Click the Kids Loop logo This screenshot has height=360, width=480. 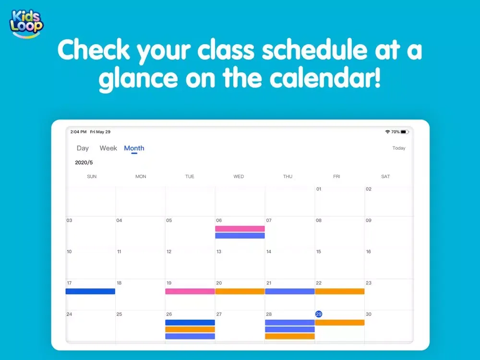[26, 24]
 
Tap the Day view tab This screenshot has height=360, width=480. [83, 148]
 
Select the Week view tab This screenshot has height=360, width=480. [108, 148]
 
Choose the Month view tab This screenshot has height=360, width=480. [134, 148]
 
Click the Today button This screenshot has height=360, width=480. [399, 148]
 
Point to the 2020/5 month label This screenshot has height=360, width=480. [84, 163]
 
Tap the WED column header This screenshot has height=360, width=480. [239, 177]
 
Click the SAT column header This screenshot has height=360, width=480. [385, 177]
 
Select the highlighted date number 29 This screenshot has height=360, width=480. [319, 314]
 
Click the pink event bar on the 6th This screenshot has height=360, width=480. [240, 228]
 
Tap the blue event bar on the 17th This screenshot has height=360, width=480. [90, 291]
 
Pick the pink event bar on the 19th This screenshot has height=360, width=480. [190, 291]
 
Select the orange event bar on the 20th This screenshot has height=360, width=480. [240, 291]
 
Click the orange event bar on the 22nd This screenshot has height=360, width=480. [340, 291]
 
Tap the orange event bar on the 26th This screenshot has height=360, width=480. [190, 329]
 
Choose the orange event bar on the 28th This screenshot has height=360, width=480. [290, 336]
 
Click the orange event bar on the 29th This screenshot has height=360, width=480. [340, 323]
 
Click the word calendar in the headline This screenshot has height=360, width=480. [325, 78]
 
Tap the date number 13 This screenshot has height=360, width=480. [219, 252]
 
